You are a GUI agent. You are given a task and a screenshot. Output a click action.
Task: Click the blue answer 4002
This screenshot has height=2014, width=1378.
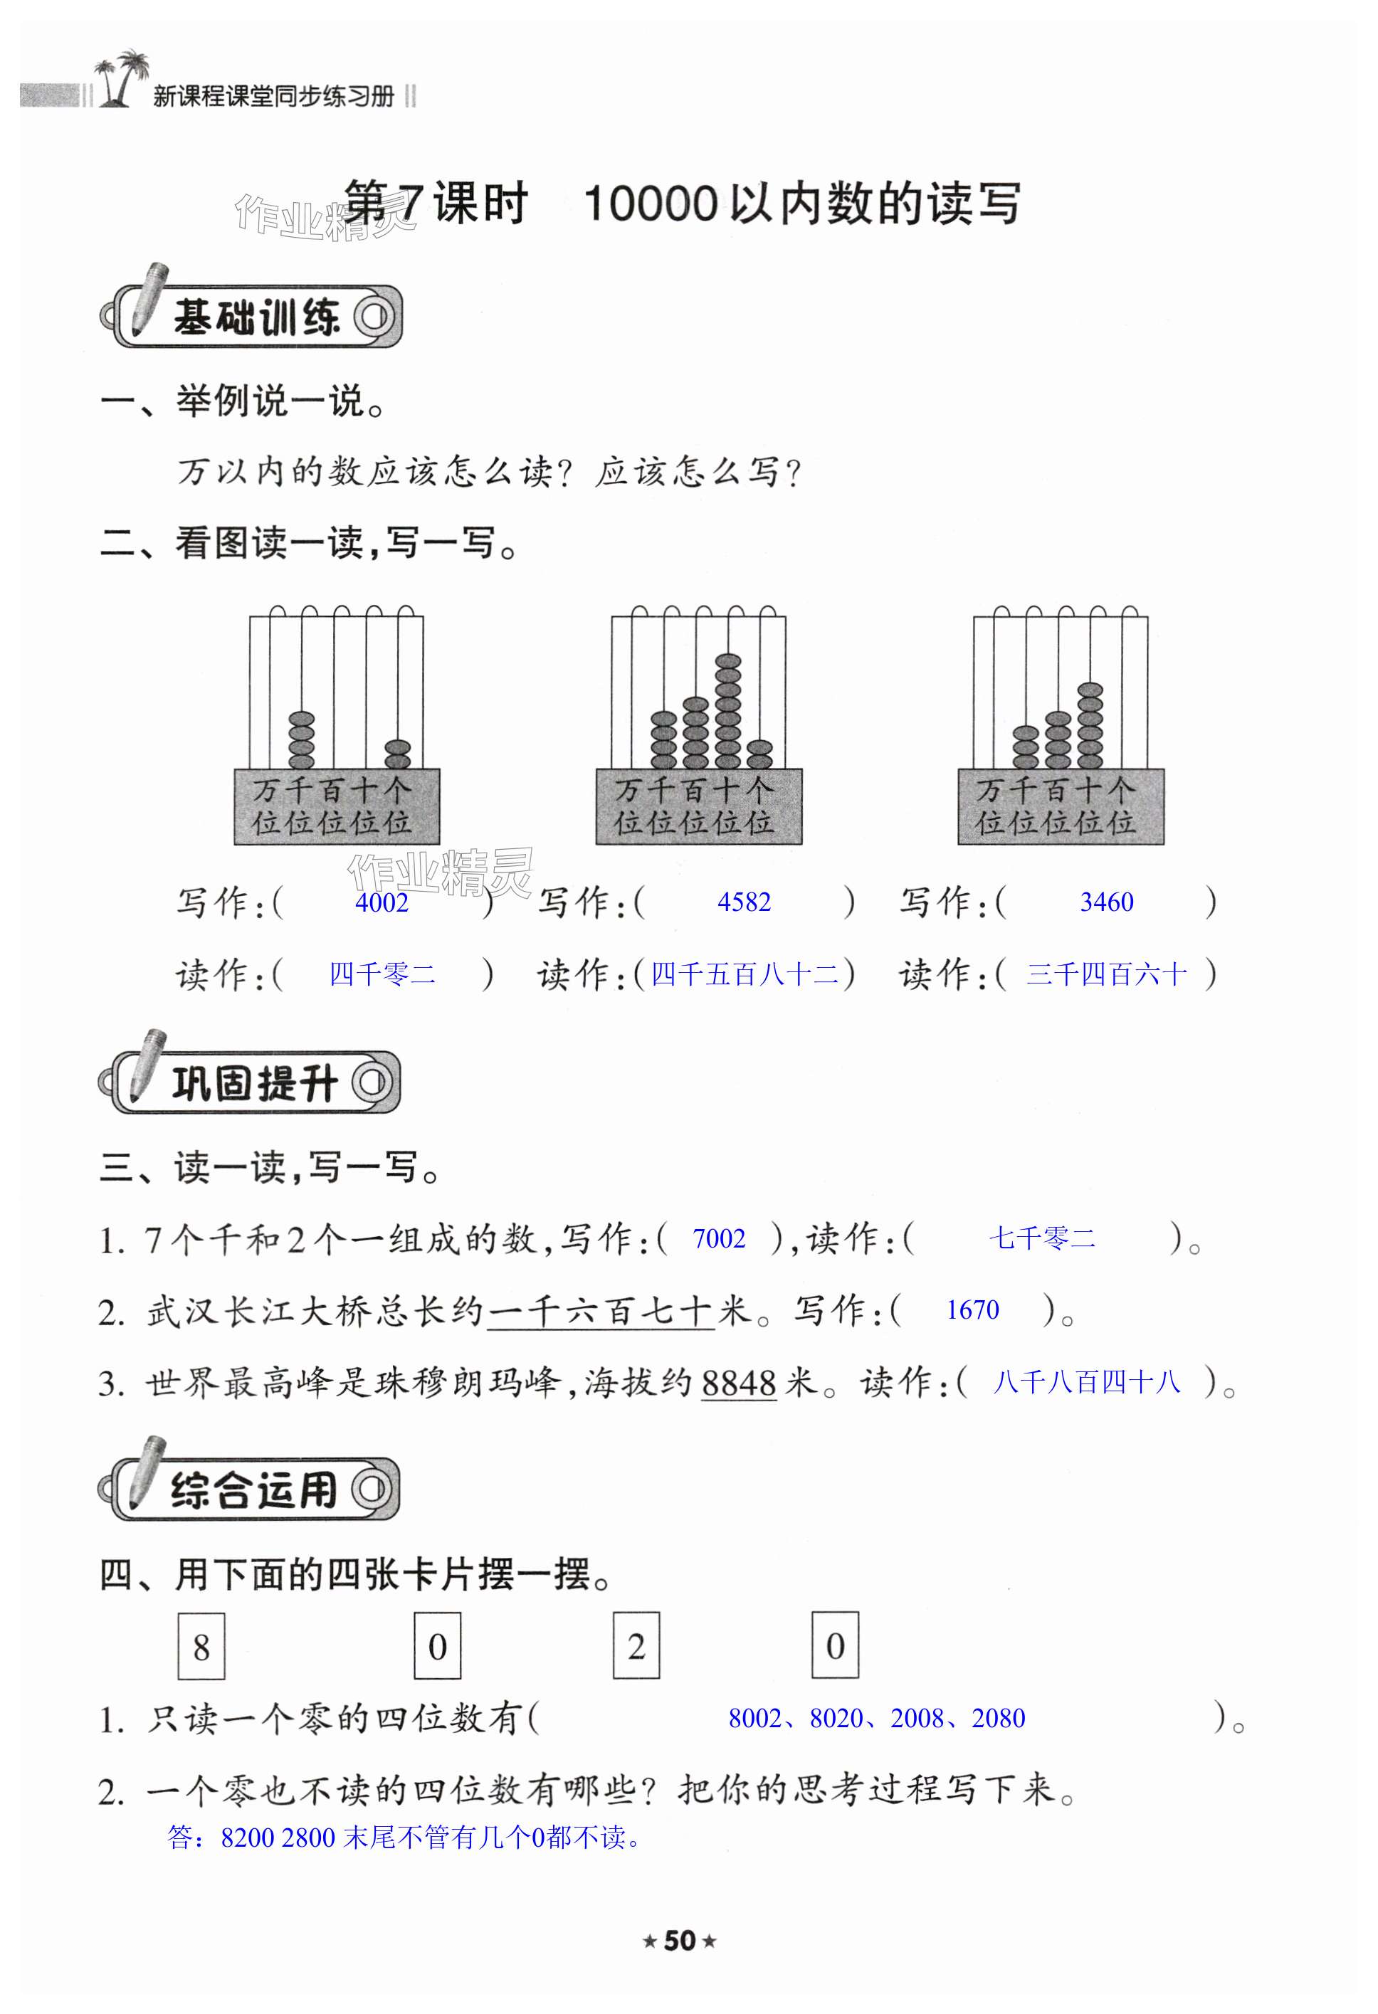382,903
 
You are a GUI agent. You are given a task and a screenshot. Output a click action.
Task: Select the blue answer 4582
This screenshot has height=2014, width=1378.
744,902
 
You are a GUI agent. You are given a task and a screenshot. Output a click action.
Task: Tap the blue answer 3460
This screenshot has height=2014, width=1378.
1106,902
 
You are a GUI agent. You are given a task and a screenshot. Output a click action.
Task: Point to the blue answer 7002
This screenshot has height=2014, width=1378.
718,1238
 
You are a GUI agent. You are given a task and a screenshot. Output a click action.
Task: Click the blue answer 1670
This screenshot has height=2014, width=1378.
972,1309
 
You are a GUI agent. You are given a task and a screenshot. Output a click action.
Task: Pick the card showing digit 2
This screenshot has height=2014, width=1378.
636,1645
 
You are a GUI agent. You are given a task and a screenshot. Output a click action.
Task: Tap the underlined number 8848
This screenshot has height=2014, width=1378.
738,1382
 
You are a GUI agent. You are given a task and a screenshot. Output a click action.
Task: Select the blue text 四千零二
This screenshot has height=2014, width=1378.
382,975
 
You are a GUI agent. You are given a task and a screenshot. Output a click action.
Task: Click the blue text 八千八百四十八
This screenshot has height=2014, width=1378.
1086,1381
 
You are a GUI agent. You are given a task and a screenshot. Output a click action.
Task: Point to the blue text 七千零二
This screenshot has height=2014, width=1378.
1042,1238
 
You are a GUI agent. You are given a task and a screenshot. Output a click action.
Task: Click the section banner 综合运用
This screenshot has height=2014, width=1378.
252,1490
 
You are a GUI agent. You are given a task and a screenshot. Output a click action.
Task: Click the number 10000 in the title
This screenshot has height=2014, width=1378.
651,204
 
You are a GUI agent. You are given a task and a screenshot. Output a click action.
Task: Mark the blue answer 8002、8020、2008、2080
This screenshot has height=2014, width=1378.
876,1718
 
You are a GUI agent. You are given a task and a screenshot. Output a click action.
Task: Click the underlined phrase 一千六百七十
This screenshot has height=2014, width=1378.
601,1310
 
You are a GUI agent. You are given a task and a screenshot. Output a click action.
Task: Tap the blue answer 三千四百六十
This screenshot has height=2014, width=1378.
1106,975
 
